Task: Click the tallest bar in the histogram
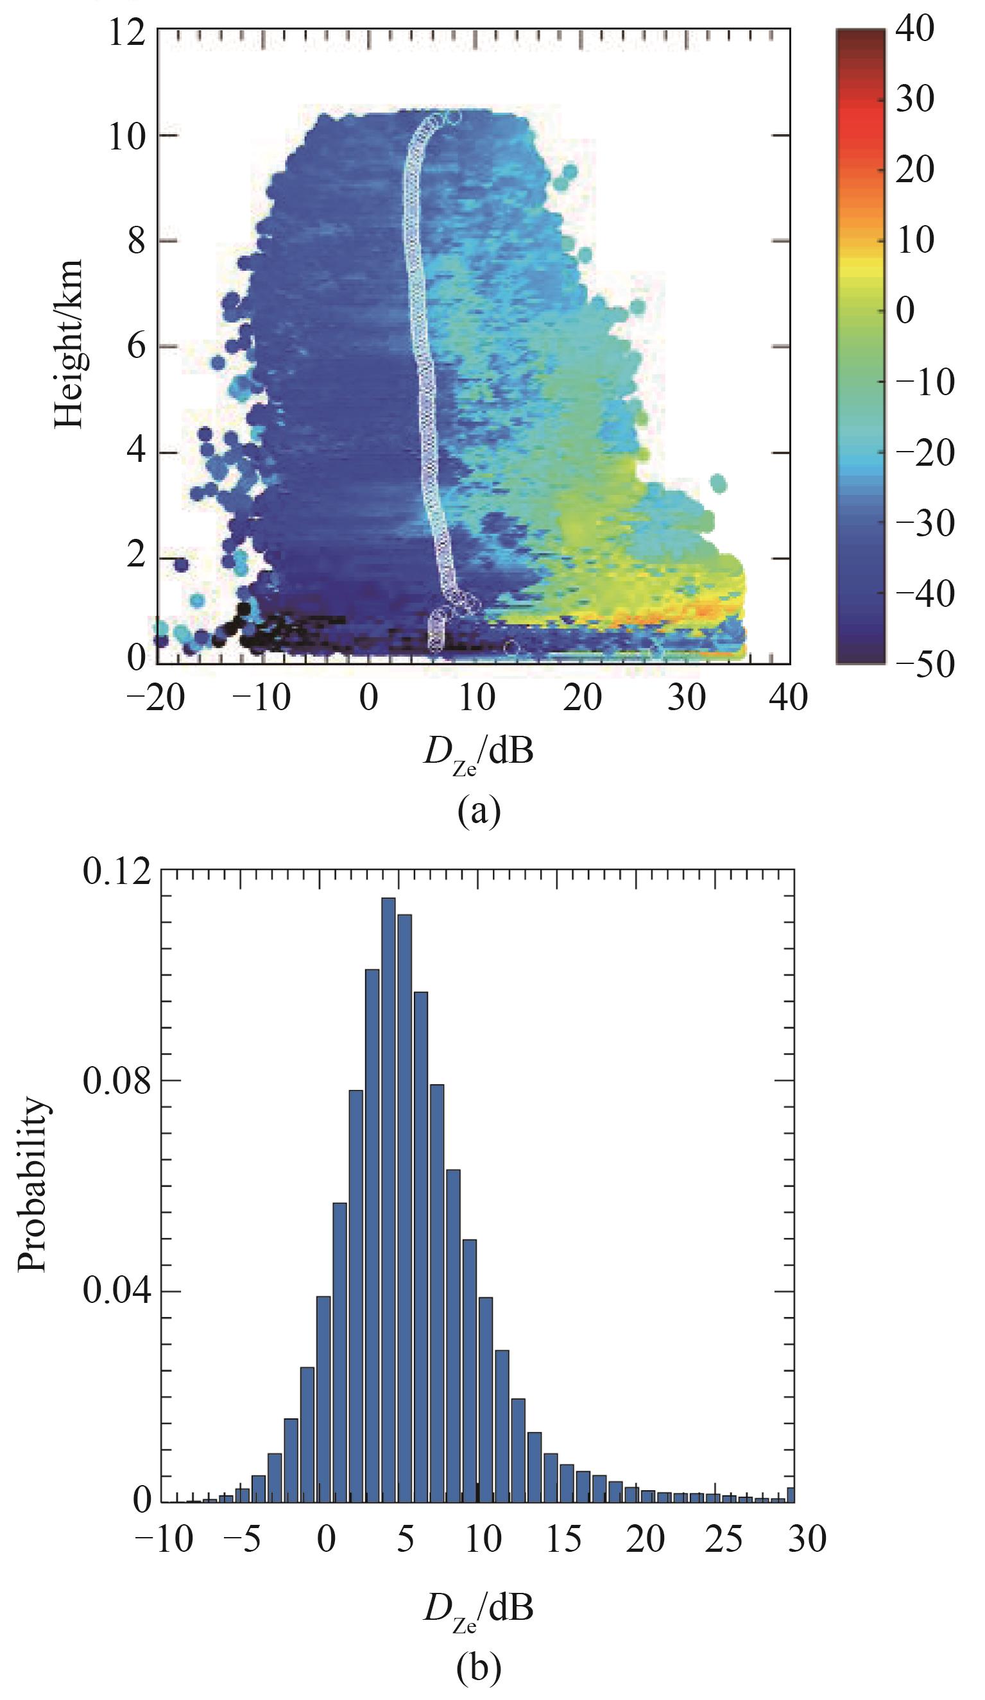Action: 389,1201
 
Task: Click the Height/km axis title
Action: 69,343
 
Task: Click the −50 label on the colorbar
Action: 924,664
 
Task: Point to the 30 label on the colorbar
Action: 915,100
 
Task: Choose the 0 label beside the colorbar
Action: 905,312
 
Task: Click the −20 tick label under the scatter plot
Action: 156,697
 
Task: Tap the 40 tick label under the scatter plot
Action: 788,697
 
